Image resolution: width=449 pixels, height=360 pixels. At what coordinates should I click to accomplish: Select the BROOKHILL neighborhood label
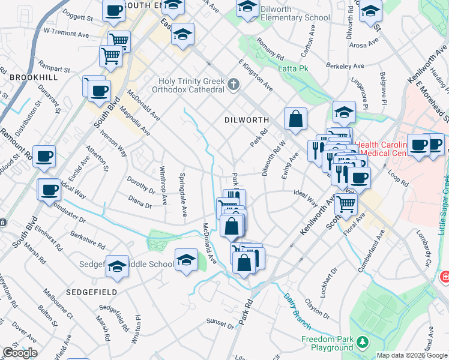(34, 78)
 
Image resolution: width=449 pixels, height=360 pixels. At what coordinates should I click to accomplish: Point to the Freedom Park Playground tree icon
(362, 342)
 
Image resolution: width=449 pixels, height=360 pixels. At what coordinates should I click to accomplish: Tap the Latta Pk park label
(293, 68)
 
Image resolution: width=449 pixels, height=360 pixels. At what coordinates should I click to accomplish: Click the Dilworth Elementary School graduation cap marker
(247, 8)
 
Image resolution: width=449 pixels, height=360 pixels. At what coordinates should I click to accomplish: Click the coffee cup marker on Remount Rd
(44, 157)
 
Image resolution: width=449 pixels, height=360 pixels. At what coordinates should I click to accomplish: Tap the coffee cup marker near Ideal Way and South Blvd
(49, 190)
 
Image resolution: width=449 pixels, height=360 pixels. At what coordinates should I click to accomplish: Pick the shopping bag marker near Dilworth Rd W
(295, 118)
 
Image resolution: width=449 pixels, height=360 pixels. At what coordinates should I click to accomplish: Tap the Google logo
(20, 352)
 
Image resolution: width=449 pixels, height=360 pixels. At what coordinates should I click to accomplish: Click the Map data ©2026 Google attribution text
(412, 355)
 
